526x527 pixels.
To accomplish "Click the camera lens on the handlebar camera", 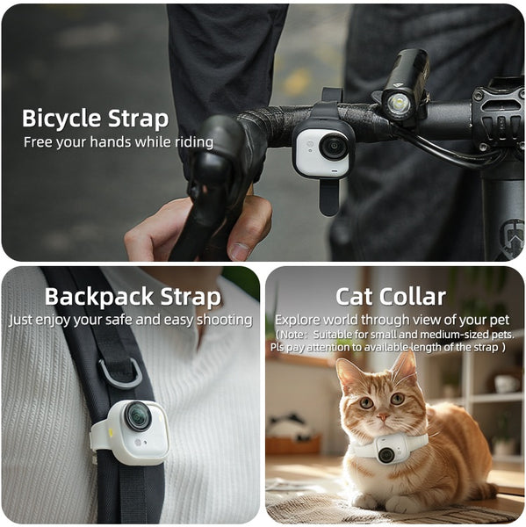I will (x=333, y=146).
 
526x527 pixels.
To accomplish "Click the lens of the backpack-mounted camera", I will (x=137, y=416).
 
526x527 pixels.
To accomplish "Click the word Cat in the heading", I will (x=357, y=296).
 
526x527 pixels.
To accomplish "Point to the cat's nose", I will (x=379, y=418).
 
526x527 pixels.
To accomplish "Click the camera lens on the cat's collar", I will (x=385, y=453).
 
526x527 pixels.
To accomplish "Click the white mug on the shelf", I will (x=506, y=383).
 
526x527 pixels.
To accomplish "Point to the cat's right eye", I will (x=365, y=402).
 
